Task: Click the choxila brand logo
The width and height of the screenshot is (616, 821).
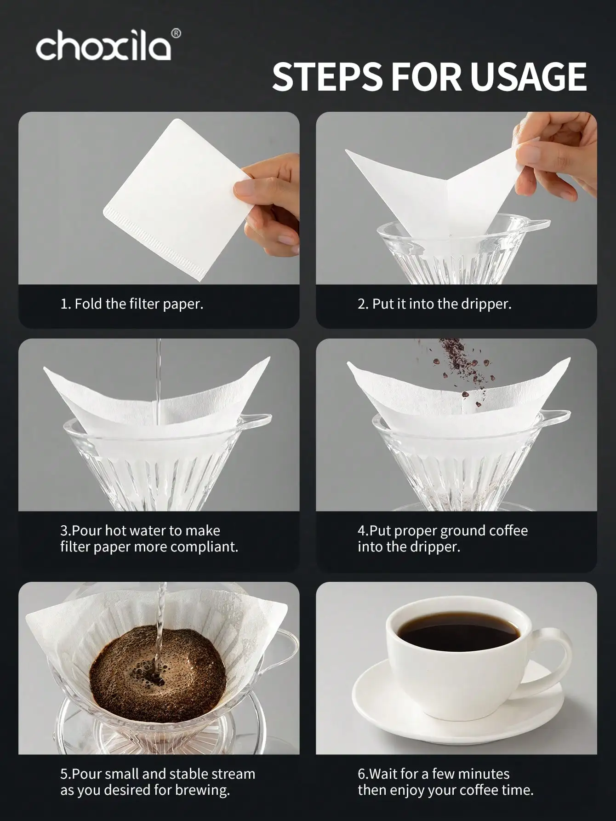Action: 103,46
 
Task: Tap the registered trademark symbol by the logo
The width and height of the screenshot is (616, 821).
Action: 176,33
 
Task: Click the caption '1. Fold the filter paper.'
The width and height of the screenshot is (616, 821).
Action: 131,304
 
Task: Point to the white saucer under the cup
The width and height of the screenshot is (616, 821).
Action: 405,713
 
